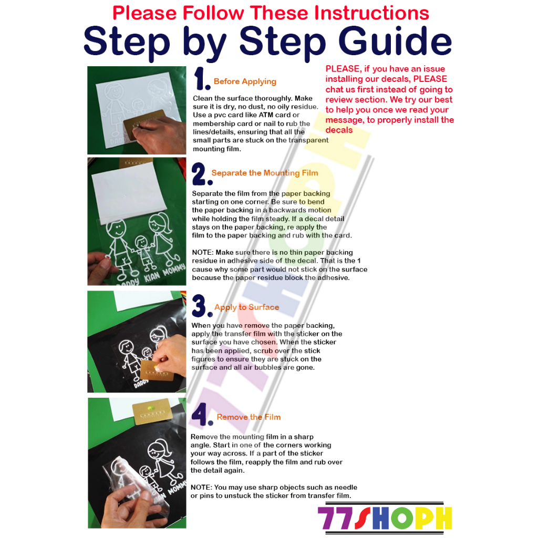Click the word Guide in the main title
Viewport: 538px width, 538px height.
[x=395, y=41]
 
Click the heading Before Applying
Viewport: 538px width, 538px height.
[x=245, y=81]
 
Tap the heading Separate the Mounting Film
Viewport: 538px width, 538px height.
[x=265, y=173]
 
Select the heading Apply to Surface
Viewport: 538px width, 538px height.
[x=247, y=307]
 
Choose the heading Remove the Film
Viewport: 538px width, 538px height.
[x=249, y=417]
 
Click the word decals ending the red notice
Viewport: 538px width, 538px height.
[x=339, y=130]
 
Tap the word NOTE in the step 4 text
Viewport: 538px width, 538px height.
[x=201, y=487]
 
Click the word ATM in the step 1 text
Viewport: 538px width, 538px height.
[x=266, y=115]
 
